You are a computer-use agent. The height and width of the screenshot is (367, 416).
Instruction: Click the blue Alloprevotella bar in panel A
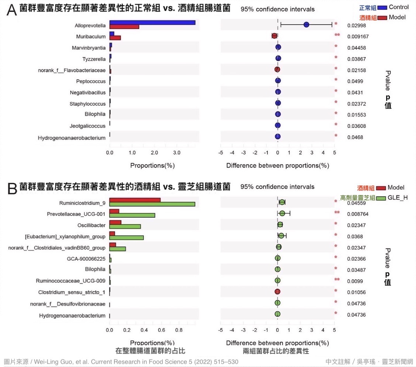click(x=152, y=23)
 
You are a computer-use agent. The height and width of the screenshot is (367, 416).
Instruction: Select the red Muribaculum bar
click(x=115, y=38)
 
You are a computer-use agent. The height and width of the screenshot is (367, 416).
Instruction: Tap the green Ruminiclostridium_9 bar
click(x=152, y=204)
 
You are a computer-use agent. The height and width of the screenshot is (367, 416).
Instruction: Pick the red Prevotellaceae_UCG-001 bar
click(x=114, y=211)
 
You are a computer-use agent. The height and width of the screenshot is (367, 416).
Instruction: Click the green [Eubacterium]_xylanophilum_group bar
click(x=127, y=237)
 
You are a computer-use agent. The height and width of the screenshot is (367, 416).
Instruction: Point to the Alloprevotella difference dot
click(x=306, y=25)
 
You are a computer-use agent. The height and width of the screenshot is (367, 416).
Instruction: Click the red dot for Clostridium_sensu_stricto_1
click(x=278, y=292)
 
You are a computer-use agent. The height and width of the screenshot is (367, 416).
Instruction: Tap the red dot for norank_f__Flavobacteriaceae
click(x=277, y=69)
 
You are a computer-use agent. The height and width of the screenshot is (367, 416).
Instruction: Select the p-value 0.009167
click(x=358, y=37)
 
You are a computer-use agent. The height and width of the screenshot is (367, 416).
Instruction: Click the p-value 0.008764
click(x=358, y=214)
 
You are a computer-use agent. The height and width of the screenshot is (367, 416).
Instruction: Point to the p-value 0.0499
click(x=355, y=81)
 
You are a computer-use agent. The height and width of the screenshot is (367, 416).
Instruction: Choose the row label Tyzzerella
click(x=94, y=59)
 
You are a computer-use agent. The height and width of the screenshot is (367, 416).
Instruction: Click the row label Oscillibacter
click(x=91, y=225)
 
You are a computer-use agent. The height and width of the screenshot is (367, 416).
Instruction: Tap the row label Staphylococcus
click(x=87, y=104)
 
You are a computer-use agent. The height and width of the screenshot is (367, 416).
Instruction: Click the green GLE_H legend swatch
click(x=381, y=198)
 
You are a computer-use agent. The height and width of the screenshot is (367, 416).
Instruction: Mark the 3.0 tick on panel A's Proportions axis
click(x=176, y=152)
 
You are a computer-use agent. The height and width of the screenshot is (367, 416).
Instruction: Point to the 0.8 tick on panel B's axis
click(x=179, y=330)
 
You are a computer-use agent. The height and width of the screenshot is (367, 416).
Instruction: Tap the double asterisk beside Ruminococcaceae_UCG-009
click(x=337, y=279)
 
